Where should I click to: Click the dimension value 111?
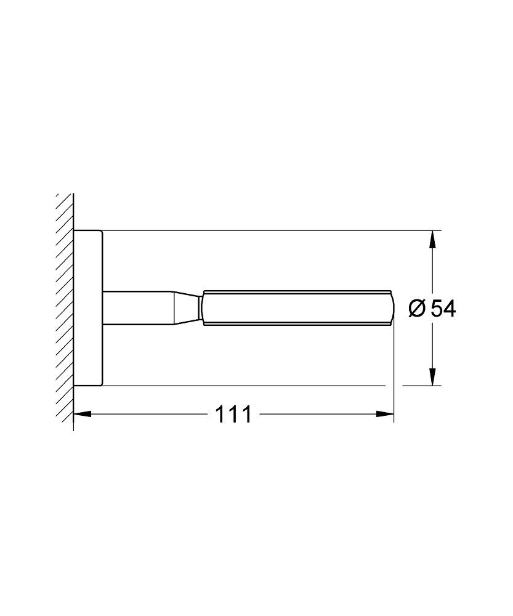click(x=233, y=414)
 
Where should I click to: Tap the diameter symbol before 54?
click(x=417, y=308)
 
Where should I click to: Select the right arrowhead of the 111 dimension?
click(x=386, y=414)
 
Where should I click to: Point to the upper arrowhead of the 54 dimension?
click(x=433, y=239)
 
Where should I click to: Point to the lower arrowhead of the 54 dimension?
click(x=433, y=378)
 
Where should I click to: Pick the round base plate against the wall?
click(x=87, y=308)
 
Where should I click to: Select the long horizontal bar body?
click(x=296, y=306)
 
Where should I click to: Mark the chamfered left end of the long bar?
click(x=203, y=306)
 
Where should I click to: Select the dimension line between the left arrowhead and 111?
click(x=148, y=414)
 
